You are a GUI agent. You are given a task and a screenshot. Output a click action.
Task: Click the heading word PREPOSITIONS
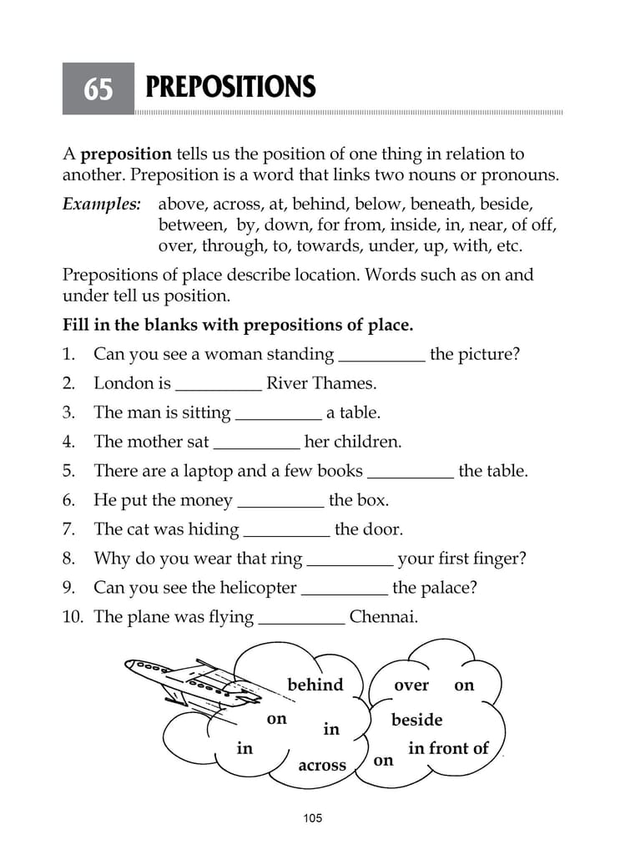[230, 87]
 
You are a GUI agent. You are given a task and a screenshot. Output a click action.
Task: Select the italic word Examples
[101, 204]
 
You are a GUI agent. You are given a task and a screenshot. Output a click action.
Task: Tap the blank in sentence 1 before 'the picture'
[382, 356]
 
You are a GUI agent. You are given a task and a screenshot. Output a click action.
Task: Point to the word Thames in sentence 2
[345, 383]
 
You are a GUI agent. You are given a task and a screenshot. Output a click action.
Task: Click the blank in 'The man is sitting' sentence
[279, 414]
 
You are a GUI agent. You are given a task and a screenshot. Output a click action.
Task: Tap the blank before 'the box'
[281, 502]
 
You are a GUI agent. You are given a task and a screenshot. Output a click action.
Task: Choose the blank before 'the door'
[287, 531]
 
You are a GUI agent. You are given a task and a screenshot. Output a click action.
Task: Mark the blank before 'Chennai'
[302, 619]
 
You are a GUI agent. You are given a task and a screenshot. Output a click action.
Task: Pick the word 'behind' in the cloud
[315, 685]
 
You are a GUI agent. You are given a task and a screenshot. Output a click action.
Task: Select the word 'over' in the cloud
[411, 686]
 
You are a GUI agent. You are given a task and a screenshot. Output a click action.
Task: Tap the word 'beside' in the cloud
[416, 720]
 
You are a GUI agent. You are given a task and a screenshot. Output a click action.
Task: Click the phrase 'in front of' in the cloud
[448, 748]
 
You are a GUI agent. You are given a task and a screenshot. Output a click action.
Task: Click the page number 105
[312, 817]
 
